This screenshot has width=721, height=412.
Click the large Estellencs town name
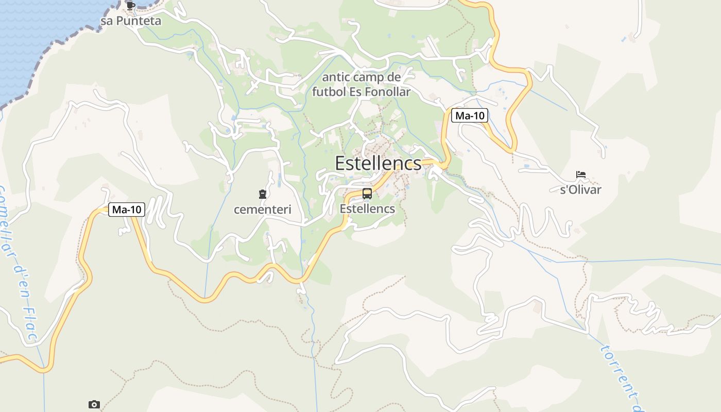(378, 163)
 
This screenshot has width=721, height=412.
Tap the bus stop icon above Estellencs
(367, 194)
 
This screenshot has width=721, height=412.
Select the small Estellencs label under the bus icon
(367, 209)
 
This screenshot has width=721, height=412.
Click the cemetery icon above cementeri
(263, 194)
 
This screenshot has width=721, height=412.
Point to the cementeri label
(263, 210)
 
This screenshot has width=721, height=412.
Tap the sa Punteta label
(131, 21)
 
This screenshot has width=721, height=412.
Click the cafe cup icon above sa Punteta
(131, 6)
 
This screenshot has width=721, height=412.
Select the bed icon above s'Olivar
(581, 175)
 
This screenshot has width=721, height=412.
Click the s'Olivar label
(580, 190)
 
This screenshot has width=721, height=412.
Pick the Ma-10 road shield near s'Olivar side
(470, 116)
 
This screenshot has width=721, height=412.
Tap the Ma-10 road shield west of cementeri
(127, 210)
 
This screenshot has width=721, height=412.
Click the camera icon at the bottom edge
(94, 404)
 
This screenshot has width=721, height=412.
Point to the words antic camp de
(361, 78)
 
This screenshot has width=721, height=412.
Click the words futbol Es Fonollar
(361, 92)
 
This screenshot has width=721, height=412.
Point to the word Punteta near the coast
(138, 21)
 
